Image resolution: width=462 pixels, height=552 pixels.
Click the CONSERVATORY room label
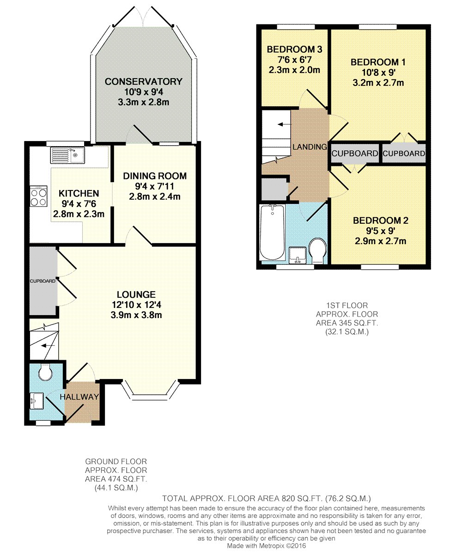tap(143, 82)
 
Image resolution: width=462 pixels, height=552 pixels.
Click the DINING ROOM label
tap(154, 176)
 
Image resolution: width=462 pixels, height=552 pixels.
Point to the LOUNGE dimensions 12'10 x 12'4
tap(136, 305)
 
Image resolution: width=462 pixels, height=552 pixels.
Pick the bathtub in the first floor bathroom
tap(272, 233)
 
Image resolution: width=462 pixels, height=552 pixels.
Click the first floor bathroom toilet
tap(317, 250)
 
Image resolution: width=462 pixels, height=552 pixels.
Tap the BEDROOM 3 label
tap(294, 50)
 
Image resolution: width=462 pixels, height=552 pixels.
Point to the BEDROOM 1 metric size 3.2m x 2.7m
tap(377, 83)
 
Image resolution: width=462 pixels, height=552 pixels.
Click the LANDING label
tap(309, 147)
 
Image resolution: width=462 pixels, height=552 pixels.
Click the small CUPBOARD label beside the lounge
tap(43, 281)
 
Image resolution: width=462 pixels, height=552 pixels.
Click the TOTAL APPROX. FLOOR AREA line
tap(267, 498)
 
